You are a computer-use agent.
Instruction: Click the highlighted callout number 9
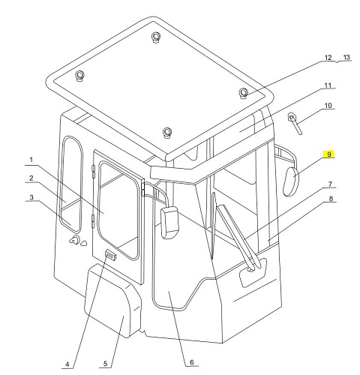click(328, 154)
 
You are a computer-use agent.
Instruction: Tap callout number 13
click(346, 58)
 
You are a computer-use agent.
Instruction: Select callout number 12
click(328, 58)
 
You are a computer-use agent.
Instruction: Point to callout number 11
click(328, 85)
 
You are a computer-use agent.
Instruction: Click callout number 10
click(328, 106)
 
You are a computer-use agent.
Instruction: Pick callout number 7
click(330, 184)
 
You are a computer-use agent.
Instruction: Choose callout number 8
click(331, 199)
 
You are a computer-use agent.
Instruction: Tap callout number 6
click(192, 362)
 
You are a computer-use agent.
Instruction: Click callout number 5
click(105, 364)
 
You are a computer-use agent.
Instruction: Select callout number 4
click(67, 364)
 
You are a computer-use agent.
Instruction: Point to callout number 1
click(31, 160)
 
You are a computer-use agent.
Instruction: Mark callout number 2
click(31, 178)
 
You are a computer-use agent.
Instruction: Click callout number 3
click(31, 197)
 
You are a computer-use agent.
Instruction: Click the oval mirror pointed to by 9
click(290, 181)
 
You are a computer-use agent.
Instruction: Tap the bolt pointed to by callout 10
click(295, 123)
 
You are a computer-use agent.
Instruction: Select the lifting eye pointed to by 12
click(243, 93)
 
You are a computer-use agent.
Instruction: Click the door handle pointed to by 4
click(110, 255)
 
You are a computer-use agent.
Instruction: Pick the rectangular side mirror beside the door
click(169, 222)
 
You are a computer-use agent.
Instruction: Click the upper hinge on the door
click(93, 171)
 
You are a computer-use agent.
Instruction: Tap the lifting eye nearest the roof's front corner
click(166, 132)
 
